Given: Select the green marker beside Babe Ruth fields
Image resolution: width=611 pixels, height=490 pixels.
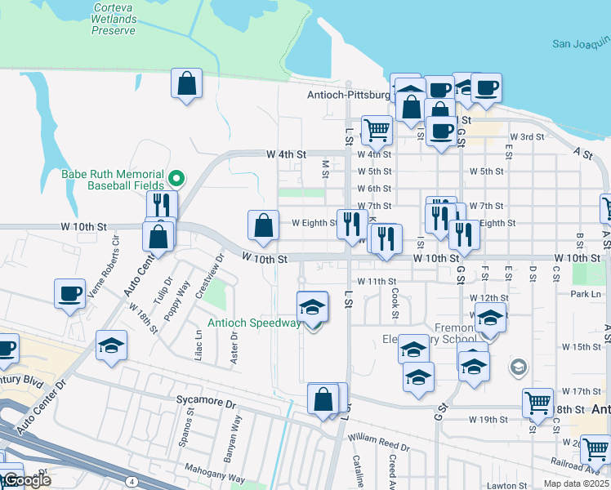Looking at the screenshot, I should [176, 177].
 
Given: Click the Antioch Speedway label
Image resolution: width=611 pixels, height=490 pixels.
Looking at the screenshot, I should [253, 323].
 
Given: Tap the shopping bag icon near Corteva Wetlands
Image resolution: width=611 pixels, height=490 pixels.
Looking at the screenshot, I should [187, 83].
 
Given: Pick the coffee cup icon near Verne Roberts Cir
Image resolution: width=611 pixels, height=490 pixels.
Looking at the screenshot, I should [70, 293].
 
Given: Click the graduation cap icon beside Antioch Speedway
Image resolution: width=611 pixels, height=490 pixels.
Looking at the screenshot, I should [312, 307].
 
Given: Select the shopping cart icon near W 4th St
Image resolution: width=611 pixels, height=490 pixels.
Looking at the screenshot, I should [377, 129].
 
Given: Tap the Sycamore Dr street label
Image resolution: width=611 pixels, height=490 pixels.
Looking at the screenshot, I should [206, 403].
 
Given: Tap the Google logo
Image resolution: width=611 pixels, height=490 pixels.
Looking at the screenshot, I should [26, 480].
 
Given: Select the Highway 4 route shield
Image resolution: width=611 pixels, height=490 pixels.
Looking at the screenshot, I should [132, 482].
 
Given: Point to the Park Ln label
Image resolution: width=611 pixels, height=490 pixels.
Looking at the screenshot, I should [586, 294].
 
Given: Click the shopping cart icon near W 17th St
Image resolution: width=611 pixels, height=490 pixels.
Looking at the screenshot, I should [538, 402].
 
